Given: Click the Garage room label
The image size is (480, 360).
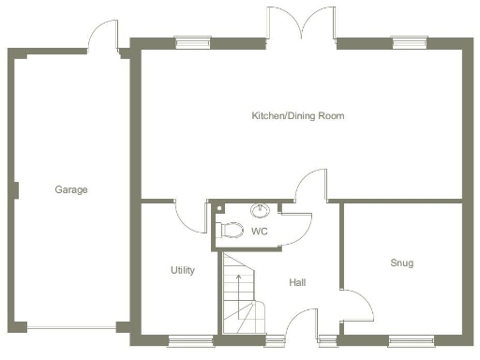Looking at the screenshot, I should [70, 189].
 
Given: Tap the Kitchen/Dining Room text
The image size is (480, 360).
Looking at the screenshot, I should [297, 116].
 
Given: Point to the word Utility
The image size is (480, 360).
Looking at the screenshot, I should [182, 270].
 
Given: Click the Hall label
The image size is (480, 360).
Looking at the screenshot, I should [297, 282].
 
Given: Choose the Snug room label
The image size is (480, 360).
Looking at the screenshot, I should [401, 263].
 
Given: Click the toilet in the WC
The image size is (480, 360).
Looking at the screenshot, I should [230, 230].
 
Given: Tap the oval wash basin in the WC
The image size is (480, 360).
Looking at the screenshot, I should [261, 210].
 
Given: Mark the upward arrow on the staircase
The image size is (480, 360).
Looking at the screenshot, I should [238, 280].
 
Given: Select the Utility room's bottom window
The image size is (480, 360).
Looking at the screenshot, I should [183, 338].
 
